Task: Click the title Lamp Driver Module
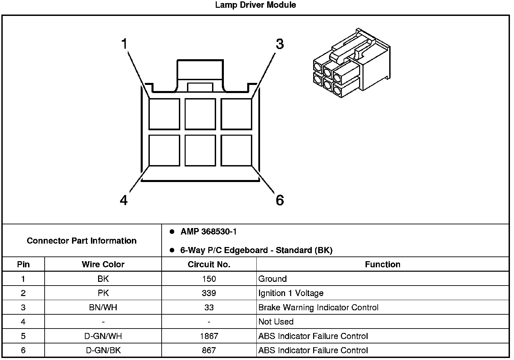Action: pyautogui.click(x=255, y=5)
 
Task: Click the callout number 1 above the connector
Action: pyautogui.click(x=124, y=44)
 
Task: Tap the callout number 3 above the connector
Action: pyautogui.click(x=280, y=44)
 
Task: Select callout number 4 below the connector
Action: pyautogui.click(x=124, y=200)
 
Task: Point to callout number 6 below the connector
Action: pyautogui.click(x=280, y=200)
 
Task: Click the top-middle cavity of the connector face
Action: pyautogui.click(x=200, y=114)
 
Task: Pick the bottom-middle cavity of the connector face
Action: pyautogui.click(x=200, y=150)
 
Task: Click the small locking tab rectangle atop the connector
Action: pyautogui.click(x=200, y=87)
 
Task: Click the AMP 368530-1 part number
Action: pyautogui.click(x=208, y=232)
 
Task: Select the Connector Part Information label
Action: pyautogui.click(x=81, y=241)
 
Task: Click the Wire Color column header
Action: pyautogui.click(x=103, y=264)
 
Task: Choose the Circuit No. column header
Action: pyautogui.click(x=209, y=264)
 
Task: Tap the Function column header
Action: pyautogui.click(x=382, y=264)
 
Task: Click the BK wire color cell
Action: pyautogui.click(x=103, y=279)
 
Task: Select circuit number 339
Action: pyautogui.click(x=209, y=293)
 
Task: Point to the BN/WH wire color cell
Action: pyautogui.click(x=103, y=308)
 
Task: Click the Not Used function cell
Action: pyautogui.click(x=276, y=322)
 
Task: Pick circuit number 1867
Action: pyautogui.click(x=209, y=336)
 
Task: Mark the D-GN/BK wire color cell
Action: pyautogui.click(x=103, y=350)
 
